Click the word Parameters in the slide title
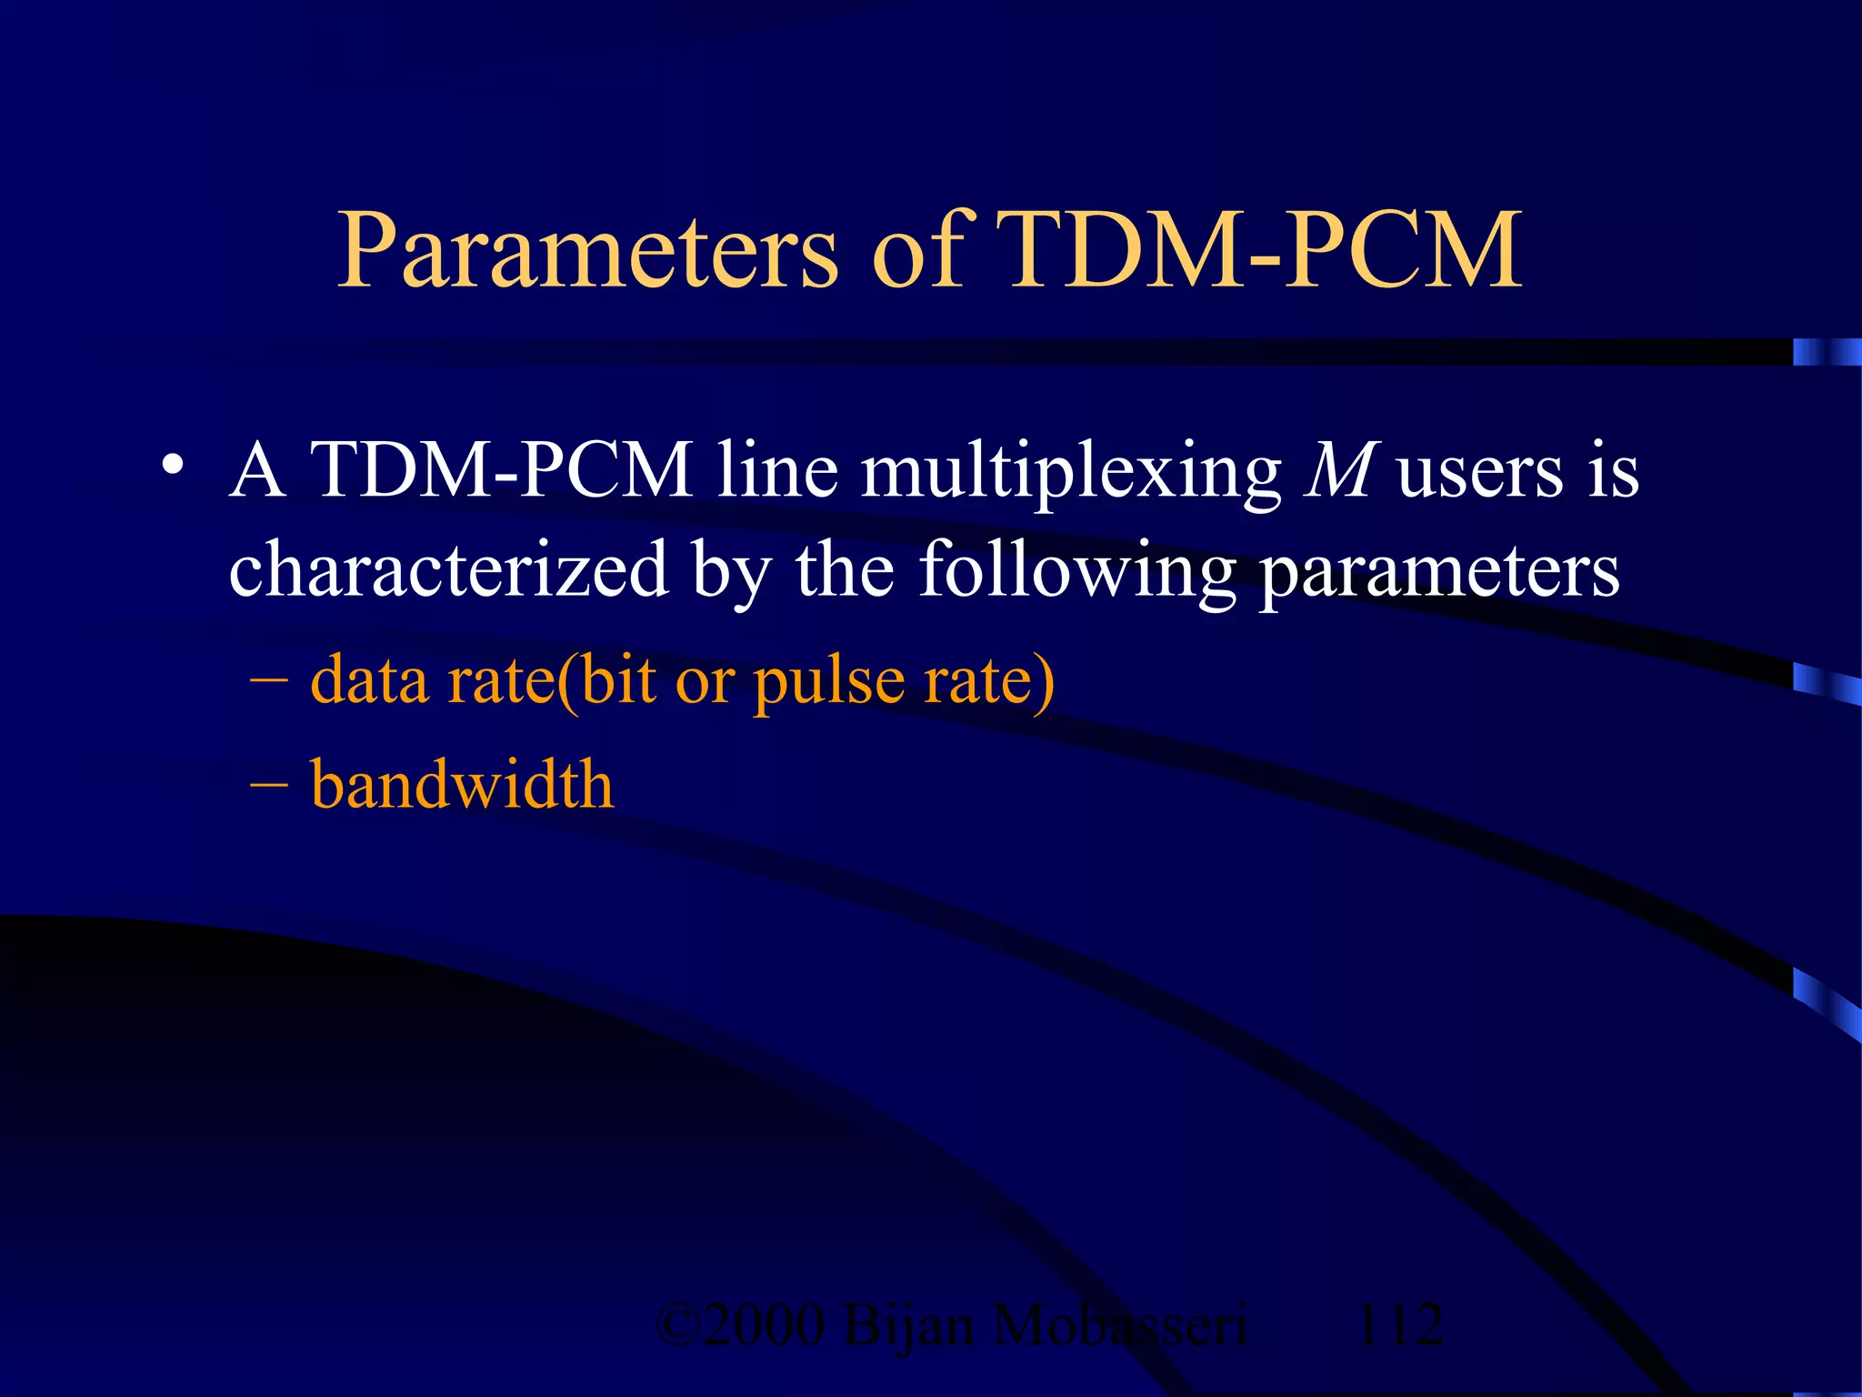click(586, 251)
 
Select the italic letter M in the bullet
click(1340, 470)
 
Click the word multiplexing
click(1070, 473)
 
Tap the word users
click(1482, 473)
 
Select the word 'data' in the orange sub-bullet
click(369, 679)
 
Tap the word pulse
click(829, 682)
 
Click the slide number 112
click(1398, 1324)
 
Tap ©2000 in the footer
click(740, 1324)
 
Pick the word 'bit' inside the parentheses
click(618, 679)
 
